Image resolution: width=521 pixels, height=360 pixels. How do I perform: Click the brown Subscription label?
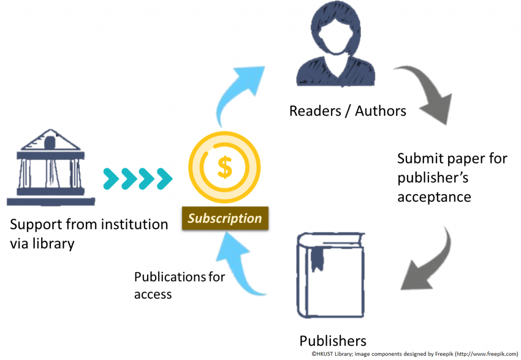click(224, 219)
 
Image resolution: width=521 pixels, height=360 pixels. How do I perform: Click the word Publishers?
click(332, 340)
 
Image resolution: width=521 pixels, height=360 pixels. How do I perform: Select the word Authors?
click(381, 110)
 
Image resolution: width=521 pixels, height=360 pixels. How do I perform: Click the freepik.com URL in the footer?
click(486, 353)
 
